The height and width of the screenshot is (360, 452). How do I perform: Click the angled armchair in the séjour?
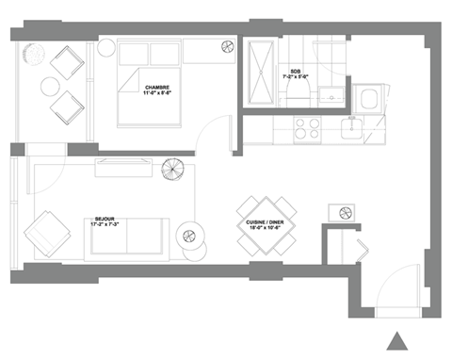tap(46, 230)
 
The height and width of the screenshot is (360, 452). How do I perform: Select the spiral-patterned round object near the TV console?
tap(171, 172)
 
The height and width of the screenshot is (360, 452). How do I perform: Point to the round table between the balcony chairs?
tap(49, 88)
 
